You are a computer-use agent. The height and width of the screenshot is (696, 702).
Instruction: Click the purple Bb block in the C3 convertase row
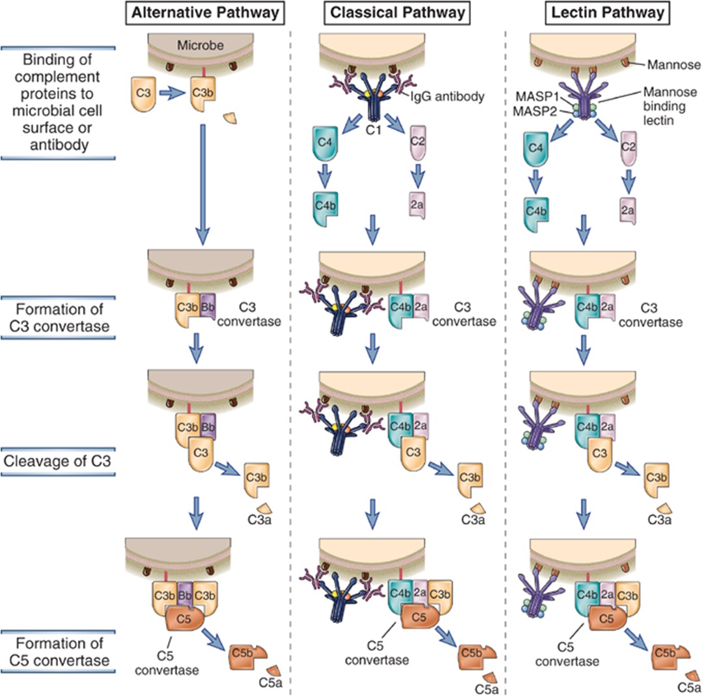click(x=208, y=305)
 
